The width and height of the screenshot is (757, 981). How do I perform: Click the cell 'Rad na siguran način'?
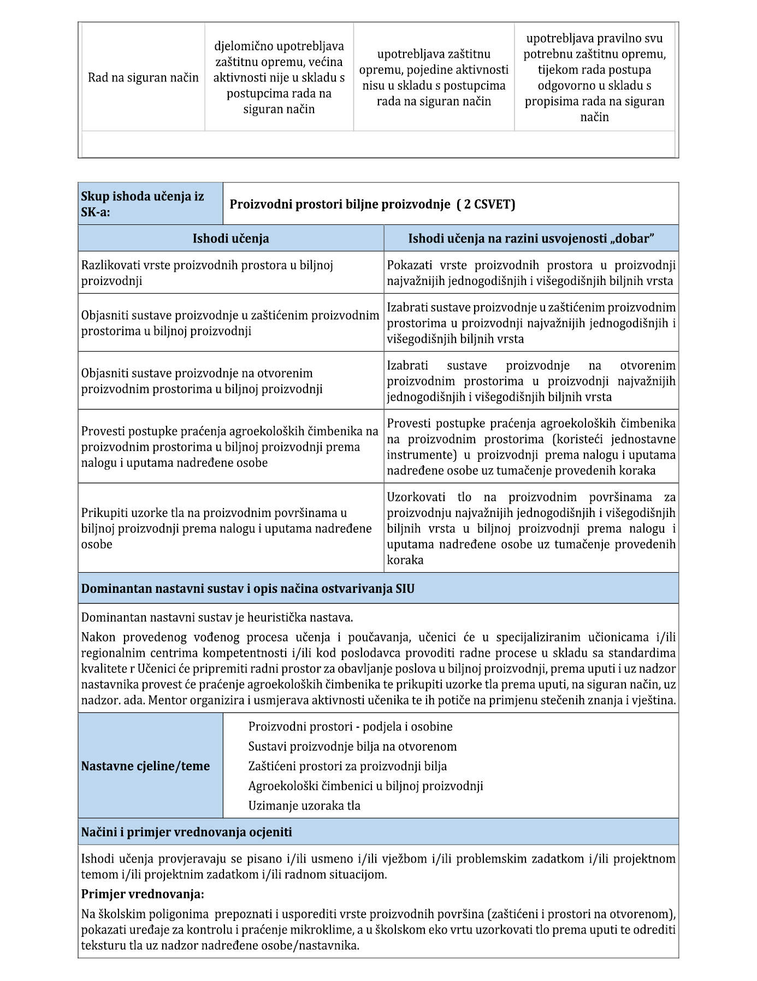143,78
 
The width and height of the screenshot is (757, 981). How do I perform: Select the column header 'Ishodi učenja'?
230,239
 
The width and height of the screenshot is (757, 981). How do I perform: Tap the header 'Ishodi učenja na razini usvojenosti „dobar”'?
531,239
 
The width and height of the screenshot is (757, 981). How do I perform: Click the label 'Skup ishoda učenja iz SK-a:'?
143,204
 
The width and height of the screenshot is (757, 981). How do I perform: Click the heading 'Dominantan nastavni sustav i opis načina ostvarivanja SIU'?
247,588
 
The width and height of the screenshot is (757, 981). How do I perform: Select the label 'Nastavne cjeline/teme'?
145,766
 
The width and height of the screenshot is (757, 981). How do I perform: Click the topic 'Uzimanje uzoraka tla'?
304,805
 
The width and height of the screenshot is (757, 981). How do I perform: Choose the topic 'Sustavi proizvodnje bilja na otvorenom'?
352,746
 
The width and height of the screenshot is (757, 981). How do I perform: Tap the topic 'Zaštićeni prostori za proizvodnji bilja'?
347,766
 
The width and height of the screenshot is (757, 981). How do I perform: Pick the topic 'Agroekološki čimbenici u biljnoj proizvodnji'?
365,786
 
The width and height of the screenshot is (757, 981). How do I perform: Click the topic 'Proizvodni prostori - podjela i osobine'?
350,727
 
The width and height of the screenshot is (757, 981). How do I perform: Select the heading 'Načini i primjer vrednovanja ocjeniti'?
186,832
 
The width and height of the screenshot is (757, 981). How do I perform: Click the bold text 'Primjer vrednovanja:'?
143,894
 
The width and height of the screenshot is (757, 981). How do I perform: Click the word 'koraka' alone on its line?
405,560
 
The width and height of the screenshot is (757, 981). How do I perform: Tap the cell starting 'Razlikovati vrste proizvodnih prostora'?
207,273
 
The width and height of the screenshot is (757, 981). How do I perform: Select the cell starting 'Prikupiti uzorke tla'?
226,528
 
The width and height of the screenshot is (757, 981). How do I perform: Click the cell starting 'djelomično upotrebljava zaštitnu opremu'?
279,78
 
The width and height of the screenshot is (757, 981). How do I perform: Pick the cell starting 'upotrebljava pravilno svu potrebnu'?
594,78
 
